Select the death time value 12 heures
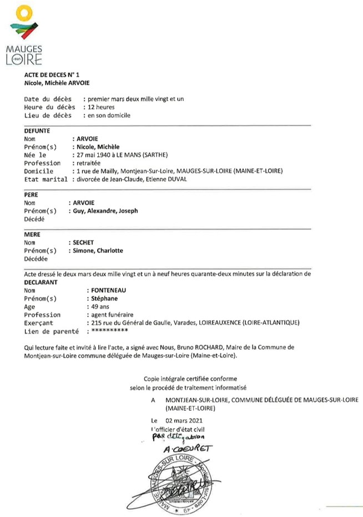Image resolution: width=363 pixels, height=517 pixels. click(x=99, y=107)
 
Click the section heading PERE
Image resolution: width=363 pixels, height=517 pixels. click(x=31, y=196)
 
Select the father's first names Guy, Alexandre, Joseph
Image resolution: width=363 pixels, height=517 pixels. click(x=104, y=211)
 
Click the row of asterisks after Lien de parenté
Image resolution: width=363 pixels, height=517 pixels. click(x=110, y=331)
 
